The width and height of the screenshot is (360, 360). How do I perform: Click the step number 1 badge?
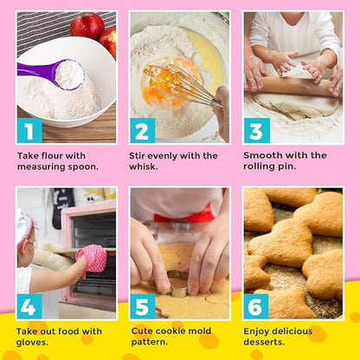29,131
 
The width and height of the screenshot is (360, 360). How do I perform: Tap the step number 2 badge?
142,131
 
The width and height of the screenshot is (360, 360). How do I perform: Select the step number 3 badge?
256,131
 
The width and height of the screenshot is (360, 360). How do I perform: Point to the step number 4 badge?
29,306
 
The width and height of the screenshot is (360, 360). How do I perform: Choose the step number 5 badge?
142,306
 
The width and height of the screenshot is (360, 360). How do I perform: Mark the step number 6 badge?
256,306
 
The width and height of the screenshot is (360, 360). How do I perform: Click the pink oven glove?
92,257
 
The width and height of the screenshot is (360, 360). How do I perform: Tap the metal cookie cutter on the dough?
177,286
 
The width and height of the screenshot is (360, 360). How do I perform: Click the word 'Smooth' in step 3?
267,156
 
